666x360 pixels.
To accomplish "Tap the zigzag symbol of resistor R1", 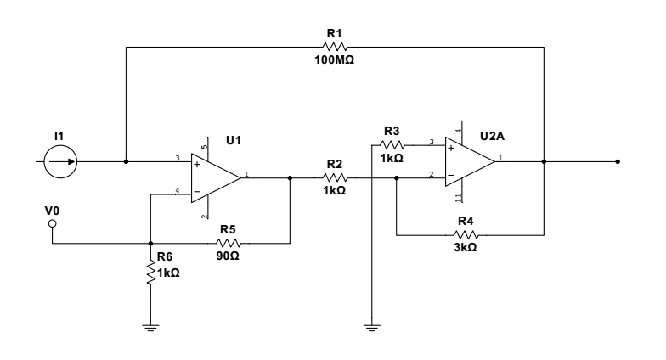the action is pos(335,47).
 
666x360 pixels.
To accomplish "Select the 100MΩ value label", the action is pos(335,59).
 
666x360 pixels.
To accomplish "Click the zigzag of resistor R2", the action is pos(335,178).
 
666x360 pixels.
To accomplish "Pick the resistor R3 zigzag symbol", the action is pos(392,145).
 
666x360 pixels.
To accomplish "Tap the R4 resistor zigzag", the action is pos(466,234).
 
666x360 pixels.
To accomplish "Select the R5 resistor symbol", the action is pos(229,243).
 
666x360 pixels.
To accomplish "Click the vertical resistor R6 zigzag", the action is pos(150,272).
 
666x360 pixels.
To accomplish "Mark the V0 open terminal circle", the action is pos(53,223).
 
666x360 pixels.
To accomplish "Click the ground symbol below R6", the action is pos(150,328).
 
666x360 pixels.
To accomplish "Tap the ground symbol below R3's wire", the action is pos(372,328).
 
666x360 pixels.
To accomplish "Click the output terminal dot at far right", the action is pos(618,161).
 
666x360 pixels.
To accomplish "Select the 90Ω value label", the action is pos(228,256).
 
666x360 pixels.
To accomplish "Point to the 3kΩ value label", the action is pos(466,247).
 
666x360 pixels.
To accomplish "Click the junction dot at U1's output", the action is pos(291,178).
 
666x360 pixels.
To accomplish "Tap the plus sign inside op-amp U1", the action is pos(197,165).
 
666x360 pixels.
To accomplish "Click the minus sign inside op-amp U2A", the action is pos(451,175).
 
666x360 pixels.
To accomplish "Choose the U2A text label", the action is pos(493,136).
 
